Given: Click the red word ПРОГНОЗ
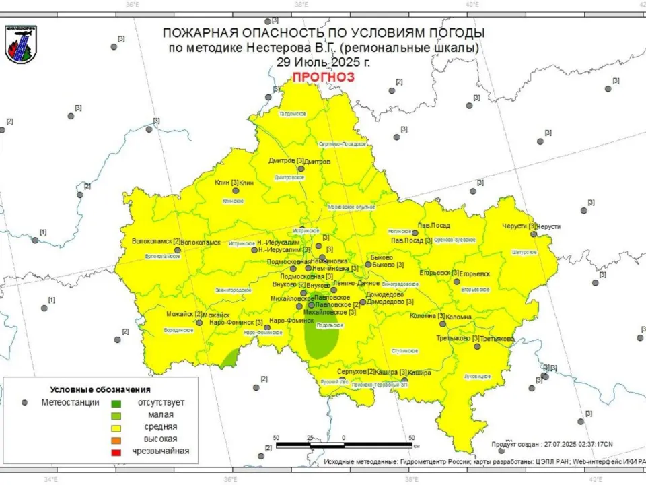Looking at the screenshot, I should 323,77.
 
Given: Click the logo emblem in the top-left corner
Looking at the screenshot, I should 21,44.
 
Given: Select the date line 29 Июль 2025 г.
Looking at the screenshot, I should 323,61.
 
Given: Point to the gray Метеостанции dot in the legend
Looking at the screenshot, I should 25,402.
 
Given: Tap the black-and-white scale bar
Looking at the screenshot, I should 344,445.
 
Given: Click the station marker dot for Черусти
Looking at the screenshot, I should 534,234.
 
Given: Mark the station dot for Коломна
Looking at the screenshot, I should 443,323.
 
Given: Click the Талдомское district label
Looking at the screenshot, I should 293,114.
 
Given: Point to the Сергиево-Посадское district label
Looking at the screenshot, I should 343,143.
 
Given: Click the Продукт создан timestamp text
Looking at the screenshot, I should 552,445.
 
